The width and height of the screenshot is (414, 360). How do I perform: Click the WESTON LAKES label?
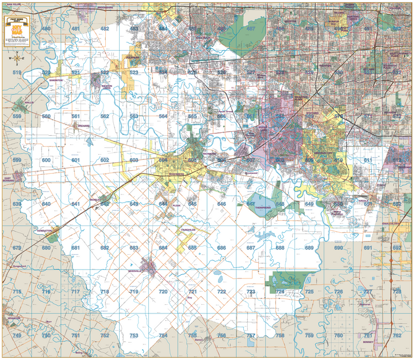(106, 87)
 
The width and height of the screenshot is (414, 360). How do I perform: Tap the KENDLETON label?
(44, 229)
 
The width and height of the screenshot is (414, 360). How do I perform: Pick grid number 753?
(133, 335)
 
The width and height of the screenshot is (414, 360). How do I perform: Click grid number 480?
(46, 28)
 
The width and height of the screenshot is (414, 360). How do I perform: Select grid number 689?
(309, 248)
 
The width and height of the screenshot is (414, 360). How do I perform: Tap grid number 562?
(104, 116)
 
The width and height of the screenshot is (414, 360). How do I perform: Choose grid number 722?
(221, 292)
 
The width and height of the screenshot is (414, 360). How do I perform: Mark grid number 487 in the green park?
(251, 28)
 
